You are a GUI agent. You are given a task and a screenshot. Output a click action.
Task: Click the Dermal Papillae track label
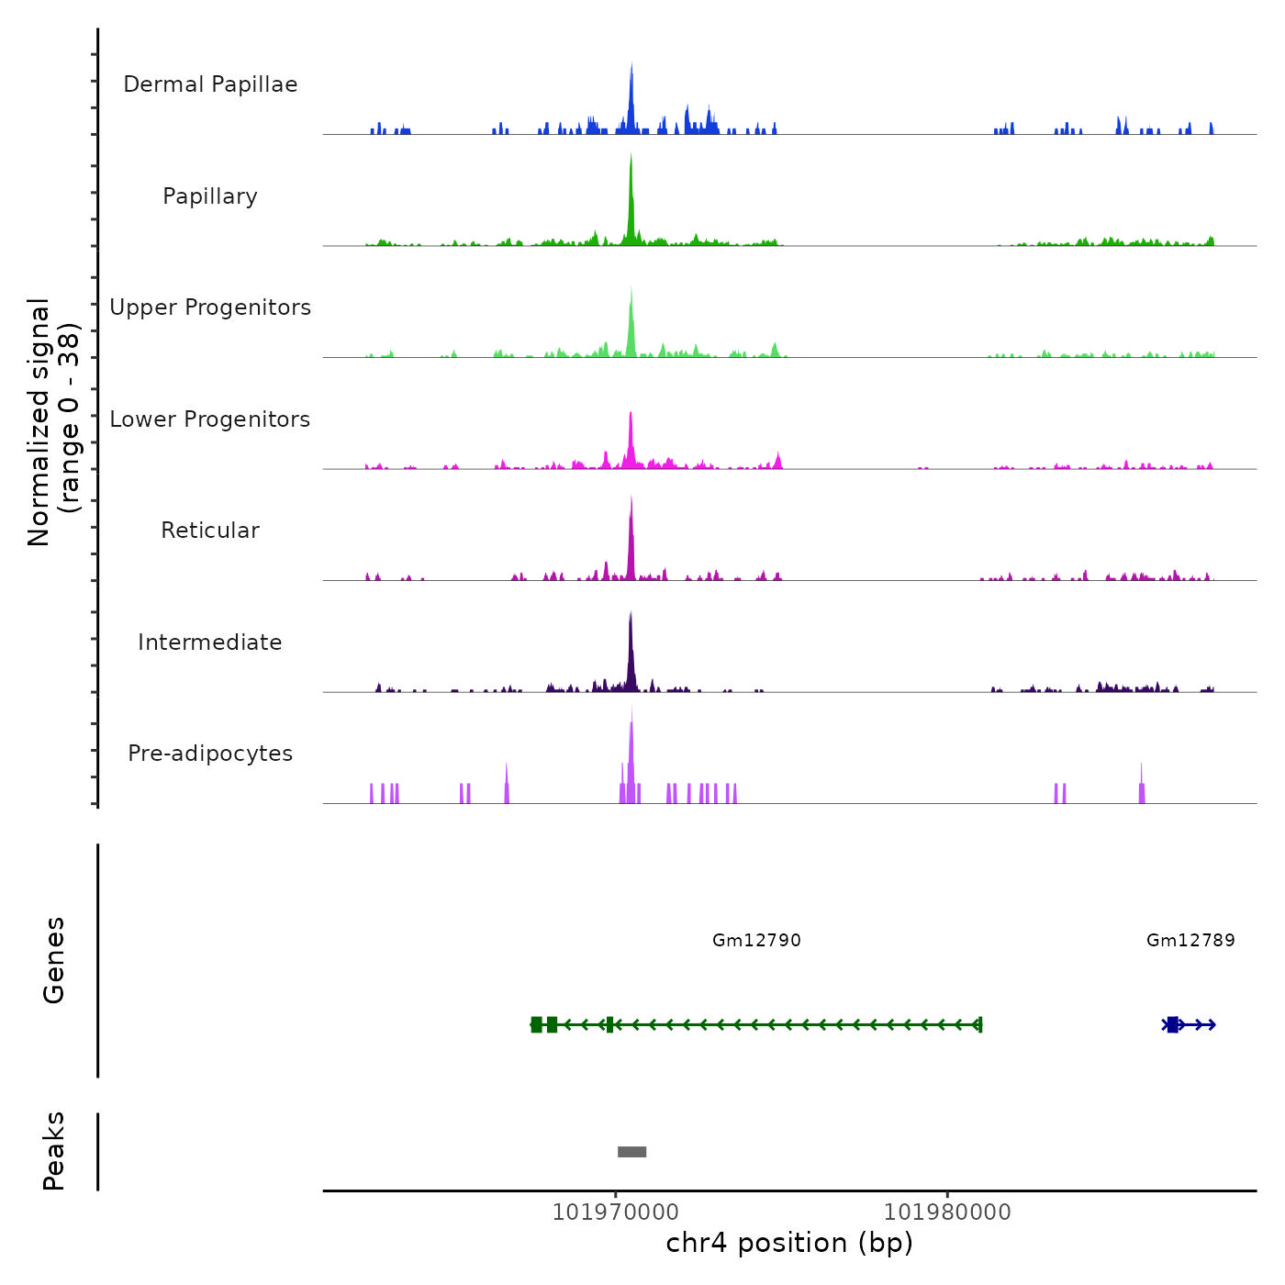pyautogui.click(x=210, y=84)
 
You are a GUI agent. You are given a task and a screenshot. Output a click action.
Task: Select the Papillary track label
pyautogui.click(x=210, y=196)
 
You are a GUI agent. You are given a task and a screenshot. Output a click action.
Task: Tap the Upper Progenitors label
pyautogui.click(x=210, y=307)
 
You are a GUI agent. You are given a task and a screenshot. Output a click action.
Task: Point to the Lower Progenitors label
pyautogui.click(x=210, y=419)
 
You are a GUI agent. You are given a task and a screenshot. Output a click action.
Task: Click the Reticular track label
pyautogui.click(x=210, y=531)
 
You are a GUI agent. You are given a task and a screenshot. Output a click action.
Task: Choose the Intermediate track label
pyautogui.click(x=210, y=642)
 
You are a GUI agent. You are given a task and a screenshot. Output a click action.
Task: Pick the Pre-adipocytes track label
pyautogui.click(x=210, y=754)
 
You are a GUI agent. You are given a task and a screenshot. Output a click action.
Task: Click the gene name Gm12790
pyautogui.click(x=756, y=941)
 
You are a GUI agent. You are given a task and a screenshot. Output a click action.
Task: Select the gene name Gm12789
pyautogui.click(x=1190, y=941)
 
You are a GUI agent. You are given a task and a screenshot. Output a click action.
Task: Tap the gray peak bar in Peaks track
pyautogui.click(x=631, y=1152)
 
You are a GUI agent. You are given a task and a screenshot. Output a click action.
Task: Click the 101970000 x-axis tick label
pyautogui.click(x=615, y=1212)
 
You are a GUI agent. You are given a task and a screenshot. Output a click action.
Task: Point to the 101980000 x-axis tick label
pyautogui.click(x=947, y=1212)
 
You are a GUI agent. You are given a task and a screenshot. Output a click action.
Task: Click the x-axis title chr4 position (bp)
pyautogui.click(x=789, y=1244)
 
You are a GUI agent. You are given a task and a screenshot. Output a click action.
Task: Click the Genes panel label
pyautogui.click(x=54, y=960)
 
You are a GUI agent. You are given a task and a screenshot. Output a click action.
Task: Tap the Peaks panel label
pyautogui.click(x=54, y=1151)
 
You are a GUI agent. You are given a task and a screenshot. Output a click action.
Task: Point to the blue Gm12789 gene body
pyautogui.click(x=1190, y=1024)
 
